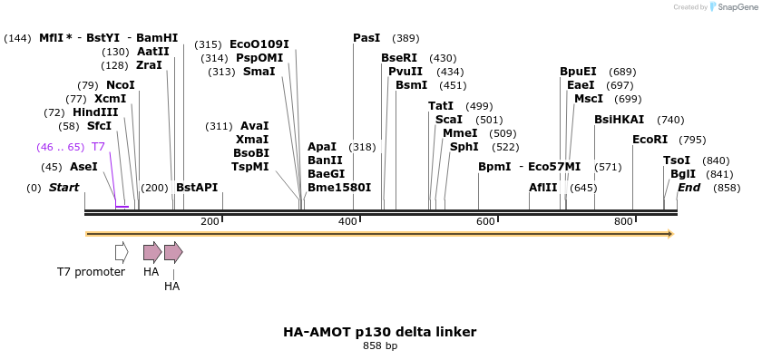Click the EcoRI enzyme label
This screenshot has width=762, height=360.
coord(650,140)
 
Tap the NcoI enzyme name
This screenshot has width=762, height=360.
coord(120,85)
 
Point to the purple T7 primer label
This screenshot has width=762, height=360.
coord(99,147)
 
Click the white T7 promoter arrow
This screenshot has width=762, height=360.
coord(122,251)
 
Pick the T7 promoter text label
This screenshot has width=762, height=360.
coord(91,271)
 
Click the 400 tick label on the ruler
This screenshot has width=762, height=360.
coord(347,222)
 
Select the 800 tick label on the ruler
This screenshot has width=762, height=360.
coord(623,222)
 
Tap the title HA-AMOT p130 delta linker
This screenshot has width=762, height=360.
coord(379,332)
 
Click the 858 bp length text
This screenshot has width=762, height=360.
coord(380,346)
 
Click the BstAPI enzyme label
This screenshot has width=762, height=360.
coord(197,188)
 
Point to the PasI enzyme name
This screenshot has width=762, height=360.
coord(366,38)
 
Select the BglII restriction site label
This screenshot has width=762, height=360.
coord(683,174)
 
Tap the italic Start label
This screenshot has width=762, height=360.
coord(63,188)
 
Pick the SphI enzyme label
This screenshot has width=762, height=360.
coord(464,147)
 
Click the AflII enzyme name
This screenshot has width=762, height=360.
coord(543,188)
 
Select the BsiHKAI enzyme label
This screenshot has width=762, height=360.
coord(619,120)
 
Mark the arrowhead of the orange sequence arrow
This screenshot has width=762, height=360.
coord(670,234)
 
